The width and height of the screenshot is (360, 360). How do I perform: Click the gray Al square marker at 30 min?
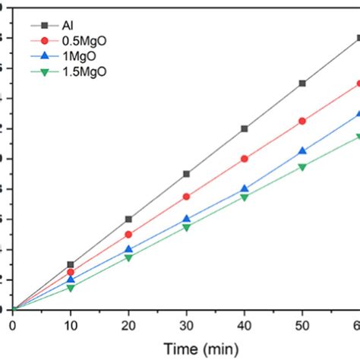(187, 174)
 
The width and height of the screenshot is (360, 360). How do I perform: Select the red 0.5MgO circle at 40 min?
(245, 159)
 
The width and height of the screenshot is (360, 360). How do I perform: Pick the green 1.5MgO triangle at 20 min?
(128, 257)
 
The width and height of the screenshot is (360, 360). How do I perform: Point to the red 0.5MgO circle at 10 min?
(71, 272)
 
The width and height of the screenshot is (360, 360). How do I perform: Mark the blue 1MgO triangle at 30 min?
(187, 219)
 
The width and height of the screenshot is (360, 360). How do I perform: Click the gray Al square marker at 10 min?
(71, 264)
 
